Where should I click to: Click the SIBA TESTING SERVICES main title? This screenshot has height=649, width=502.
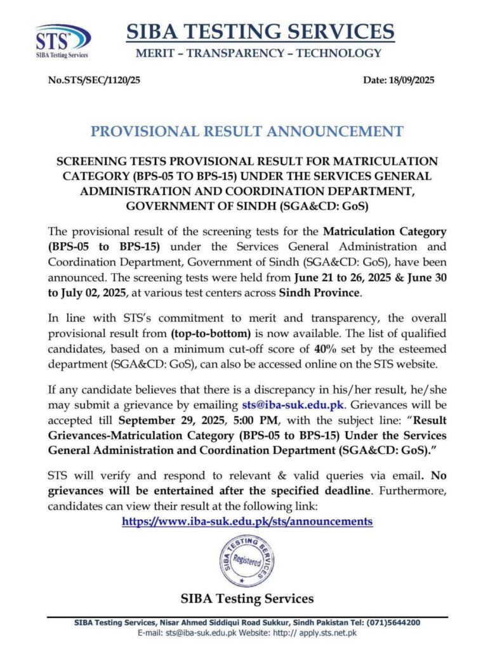click(260, 30)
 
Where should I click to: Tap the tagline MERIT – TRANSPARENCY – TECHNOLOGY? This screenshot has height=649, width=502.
click(260, 53)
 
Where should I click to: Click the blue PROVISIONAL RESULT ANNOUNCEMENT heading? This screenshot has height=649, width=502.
click(247, 131)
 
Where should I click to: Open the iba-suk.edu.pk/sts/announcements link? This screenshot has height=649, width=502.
click(247, 521)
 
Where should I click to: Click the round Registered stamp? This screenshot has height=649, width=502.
click(247, 560)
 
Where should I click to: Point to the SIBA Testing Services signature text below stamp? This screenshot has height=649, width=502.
click(247, 598)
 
